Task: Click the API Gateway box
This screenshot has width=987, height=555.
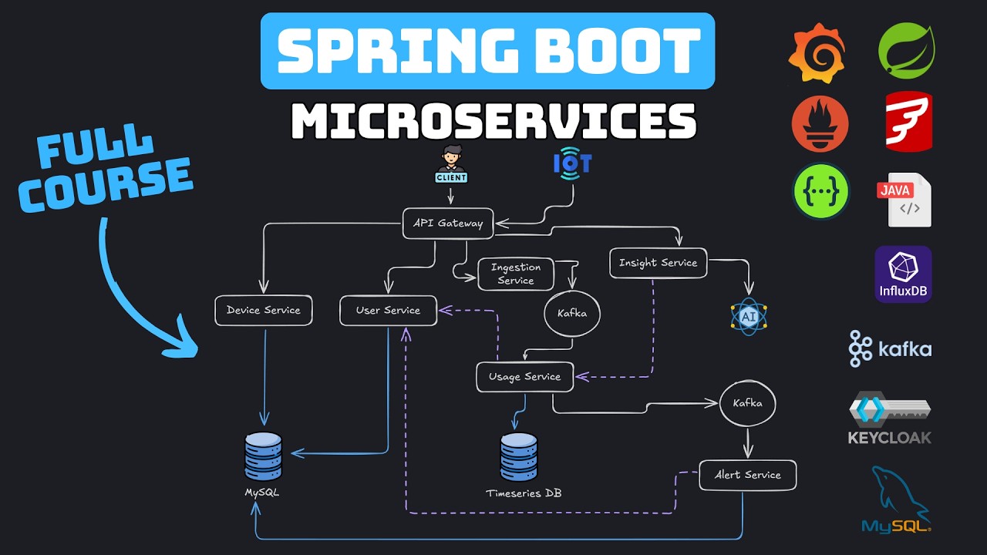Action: click(x=447, y=224)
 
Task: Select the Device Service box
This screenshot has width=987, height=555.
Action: click(x=264, y=310)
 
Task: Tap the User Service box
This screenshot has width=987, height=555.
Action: click(x=388, y=310)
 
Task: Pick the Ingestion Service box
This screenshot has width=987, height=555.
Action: click(x=516, y=274)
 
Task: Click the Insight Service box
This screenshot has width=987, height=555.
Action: click(x=658, y=263)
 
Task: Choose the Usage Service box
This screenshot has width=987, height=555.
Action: click(x=524, y=377)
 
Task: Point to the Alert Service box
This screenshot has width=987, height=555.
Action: click(x=747, y=475)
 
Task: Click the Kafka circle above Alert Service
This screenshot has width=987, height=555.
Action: click(x=747, y=403)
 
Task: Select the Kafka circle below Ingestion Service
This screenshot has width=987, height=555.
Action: click(x=571, y=314)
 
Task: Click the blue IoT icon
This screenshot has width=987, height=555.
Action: click(x=572, y=163)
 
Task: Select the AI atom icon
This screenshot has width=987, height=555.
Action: click(x=749, y=317)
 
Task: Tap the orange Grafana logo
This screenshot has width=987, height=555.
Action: click(x=817, y=52)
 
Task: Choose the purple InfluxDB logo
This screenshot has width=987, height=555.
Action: click(x=903, y=274)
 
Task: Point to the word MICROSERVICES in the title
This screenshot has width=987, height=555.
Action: click(x=493, y=122)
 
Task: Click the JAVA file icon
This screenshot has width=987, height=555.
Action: click(x=904, y=200)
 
